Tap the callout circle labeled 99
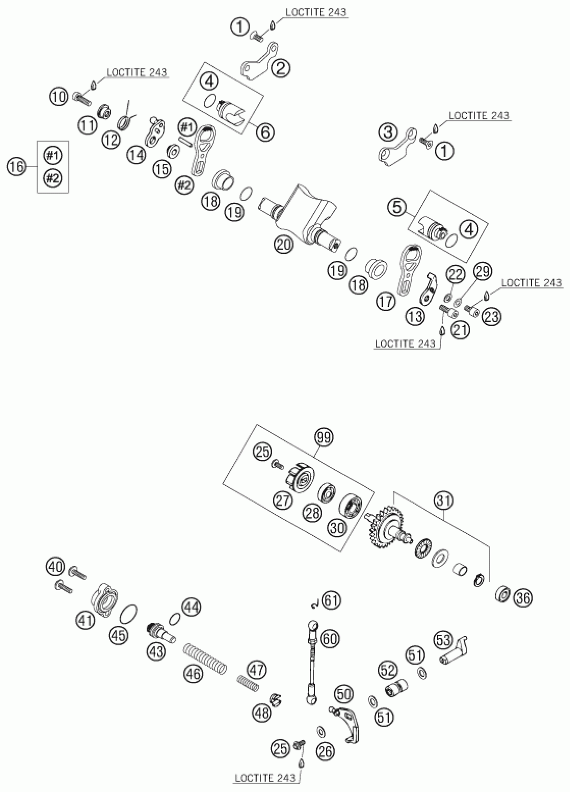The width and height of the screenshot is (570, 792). click(324, 437)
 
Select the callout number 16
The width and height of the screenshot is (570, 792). click(17, 167)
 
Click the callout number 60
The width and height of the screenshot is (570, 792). click(330, 639)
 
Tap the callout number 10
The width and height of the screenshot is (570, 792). click(59, 97)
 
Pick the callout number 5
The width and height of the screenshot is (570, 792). click(398, 208)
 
